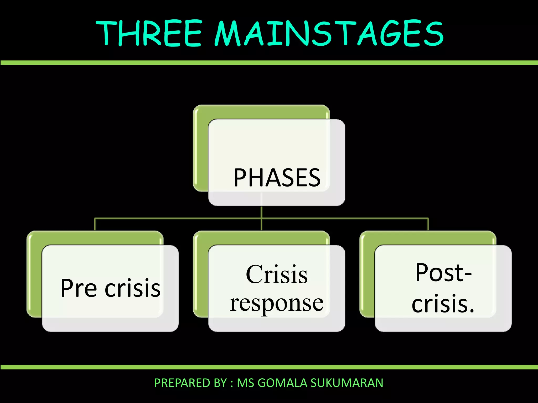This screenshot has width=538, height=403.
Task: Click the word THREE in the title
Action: tap(149, 34)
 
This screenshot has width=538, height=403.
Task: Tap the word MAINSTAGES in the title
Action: tap(329, 34)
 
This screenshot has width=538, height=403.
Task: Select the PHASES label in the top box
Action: tap(277, 178)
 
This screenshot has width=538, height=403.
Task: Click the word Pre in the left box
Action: tap(79, 288)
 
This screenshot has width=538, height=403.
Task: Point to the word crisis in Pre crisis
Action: tap(133, 288)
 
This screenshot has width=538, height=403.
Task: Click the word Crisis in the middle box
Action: tap(277, 274)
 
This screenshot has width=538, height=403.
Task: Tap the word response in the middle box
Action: tap(277, 303)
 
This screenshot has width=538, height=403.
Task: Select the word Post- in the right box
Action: tap(443, 273)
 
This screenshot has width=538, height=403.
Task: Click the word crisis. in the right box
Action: tap(443, 304)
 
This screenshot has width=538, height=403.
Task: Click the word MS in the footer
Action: tap(245, 383)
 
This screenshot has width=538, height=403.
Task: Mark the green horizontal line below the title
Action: tap(269, 63)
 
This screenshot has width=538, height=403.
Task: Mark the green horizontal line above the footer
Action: tap(269, 367)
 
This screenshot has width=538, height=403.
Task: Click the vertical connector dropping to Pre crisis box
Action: tap(95, 224)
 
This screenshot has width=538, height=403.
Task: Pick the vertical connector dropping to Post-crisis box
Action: tap(428, 224)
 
